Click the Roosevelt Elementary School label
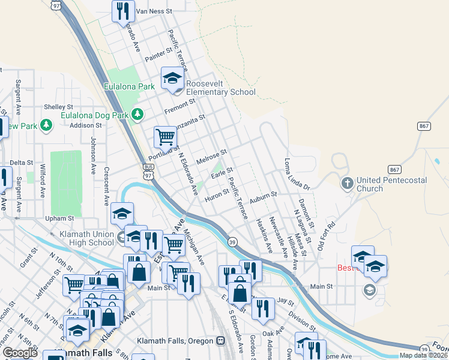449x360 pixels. tap(220, 88)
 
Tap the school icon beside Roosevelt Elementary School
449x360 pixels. tap(172, 78)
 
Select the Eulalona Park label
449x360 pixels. tap(128, 86)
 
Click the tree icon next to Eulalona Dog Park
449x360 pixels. tap(138, 113)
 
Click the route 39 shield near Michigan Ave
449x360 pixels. tap(233, 242)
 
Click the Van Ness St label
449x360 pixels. tap(154, 11)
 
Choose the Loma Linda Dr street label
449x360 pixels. tap(297, 175)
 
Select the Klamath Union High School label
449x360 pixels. tap(87, 238)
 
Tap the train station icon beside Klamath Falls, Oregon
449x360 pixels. tap(220, 341)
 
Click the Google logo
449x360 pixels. tap(20, 353)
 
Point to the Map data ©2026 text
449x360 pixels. tap(423, 355)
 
